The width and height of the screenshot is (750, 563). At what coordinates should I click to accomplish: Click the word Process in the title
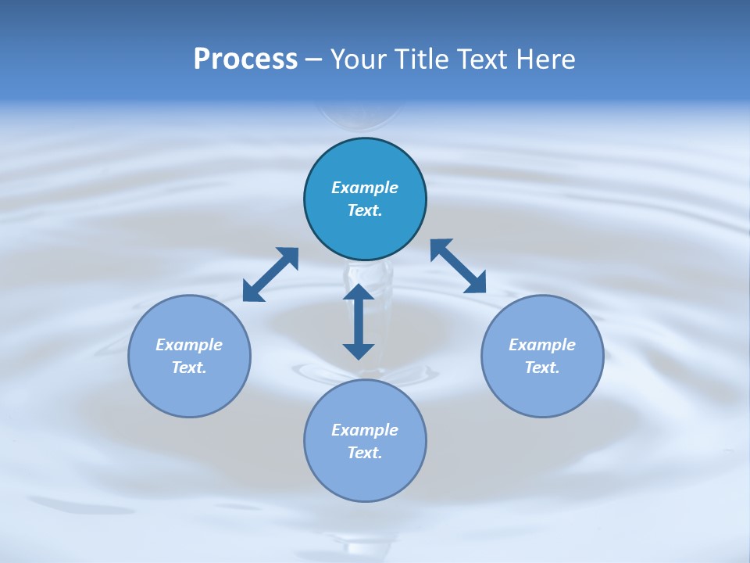point(245,59)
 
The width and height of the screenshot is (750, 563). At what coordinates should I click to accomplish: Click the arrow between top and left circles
point(271,274)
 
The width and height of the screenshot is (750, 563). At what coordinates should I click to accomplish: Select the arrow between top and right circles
point(459,266)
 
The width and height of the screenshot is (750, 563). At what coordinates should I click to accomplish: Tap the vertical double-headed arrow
point(359,321)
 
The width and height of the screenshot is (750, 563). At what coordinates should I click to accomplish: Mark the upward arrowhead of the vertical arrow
point(359,292)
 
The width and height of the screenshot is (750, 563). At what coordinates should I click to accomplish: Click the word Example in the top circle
point(365,188)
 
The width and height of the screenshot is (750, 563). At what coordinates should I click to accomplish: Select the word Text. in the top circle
point(365,210)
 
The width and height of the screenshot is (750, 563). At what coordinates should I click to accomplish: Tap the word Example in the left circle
point(189,345)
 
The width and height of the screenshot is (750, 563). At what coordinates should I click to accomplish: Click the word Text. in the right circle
point(542,368)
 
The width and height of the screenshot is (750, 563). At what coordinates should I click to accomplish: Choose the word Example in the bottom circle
point(365,430)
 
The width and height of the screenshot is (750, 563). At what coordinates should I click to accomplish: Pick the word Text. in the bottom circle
point(365,453)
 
